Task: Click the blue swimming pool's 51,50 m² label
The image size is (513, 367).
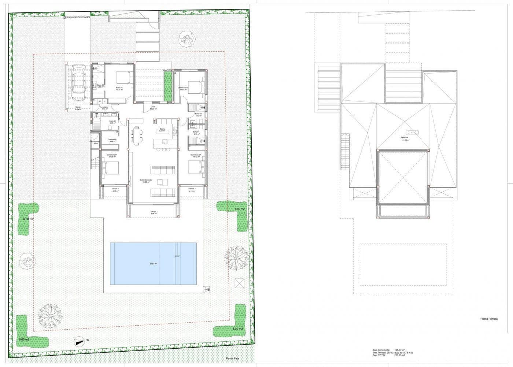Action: pos(153,264)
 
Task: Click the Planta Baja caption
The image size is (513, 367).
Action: pos(232,359)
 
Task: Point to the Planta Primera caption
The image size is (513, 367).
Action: pos(489,319)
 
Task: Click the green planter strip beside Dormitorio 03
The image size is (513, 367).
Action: pos(168,87)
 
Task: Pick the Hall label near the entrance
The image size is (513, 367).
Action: pos(154,108)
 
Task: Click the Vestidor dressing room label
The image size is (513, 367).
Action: pos(112,140)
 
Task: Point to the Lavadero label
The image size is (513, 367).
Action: pos(104,108)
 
